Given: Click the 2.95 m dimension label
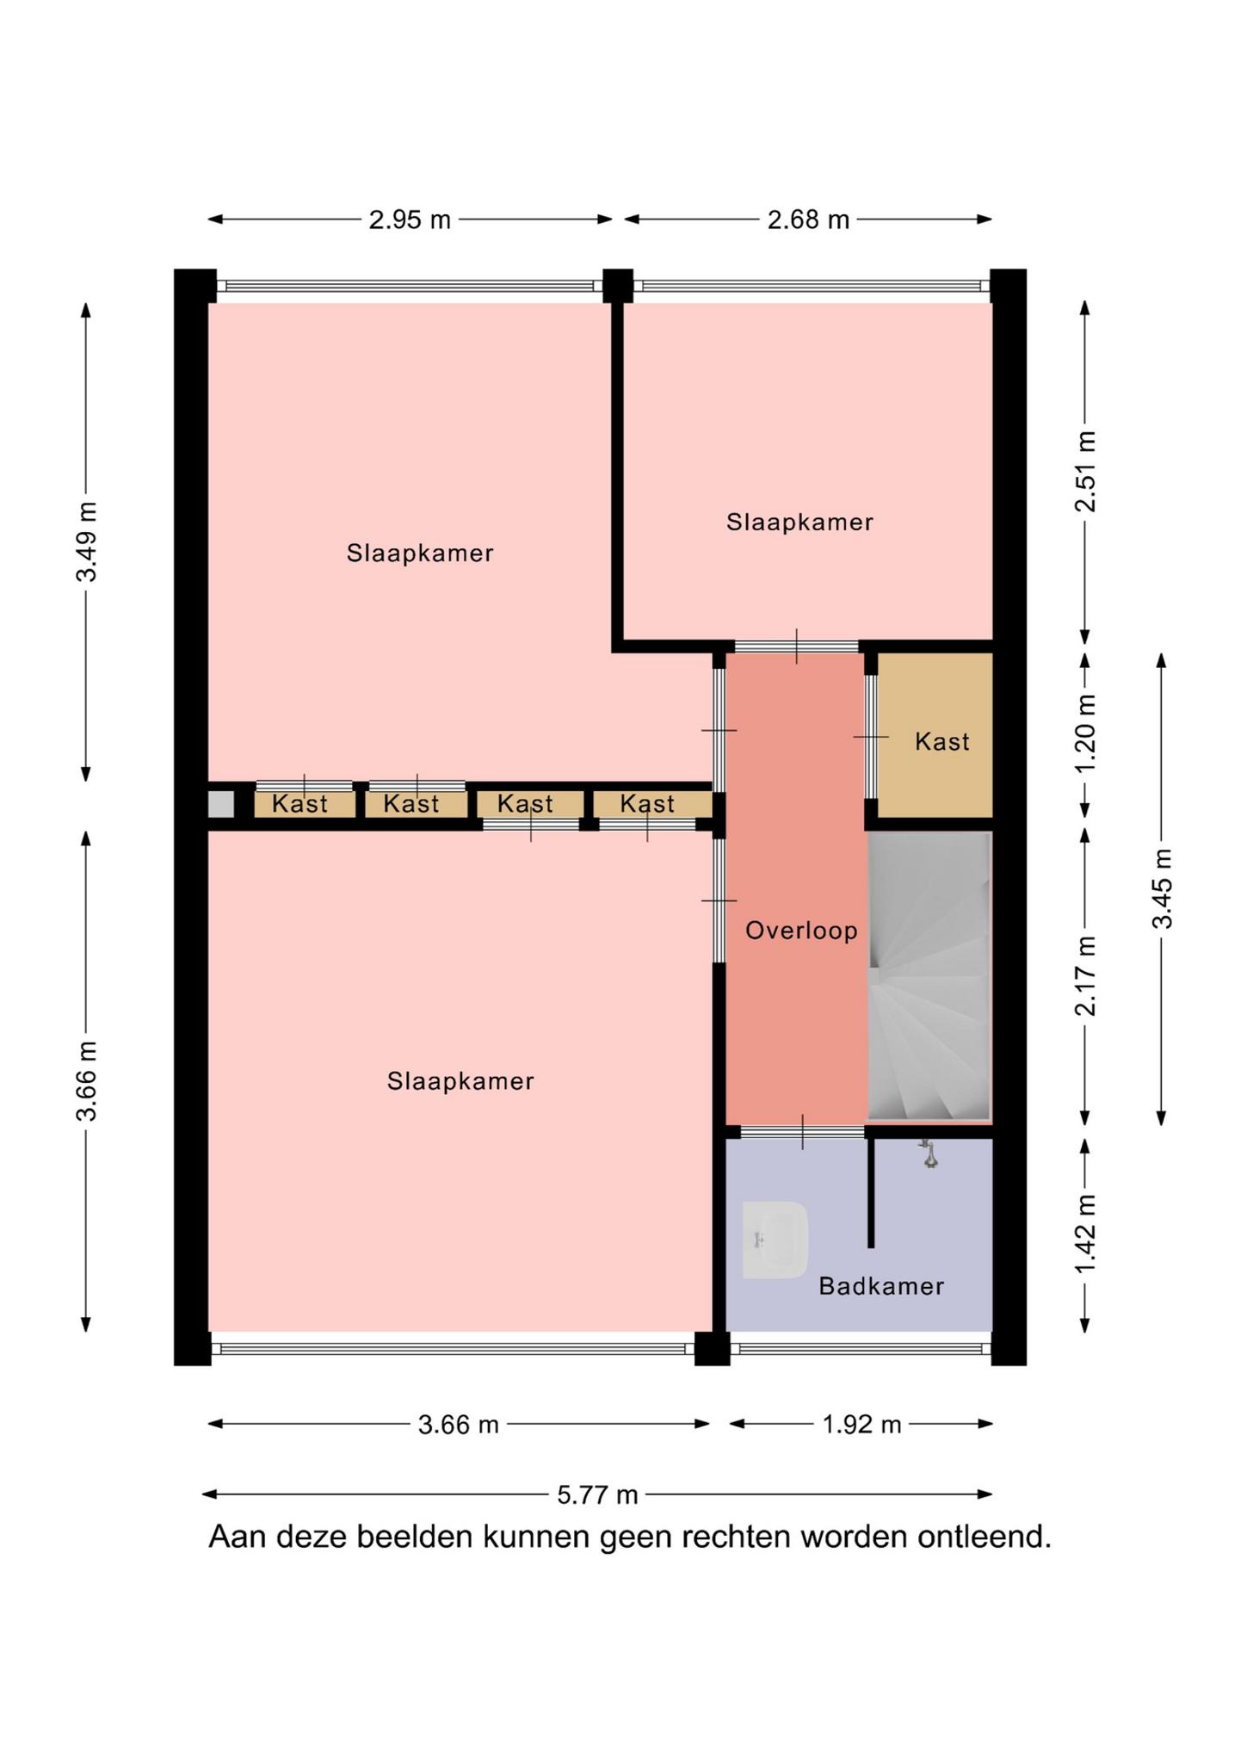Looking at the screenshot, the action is [x=410, y=220].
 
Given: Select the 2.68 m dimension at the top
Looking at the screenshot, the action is [x=808, y=220].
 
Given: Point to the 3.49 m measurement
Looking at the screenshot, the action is [x=86, y=541].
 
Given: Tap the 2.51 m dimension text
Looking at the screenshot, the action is [x=1086, y=472].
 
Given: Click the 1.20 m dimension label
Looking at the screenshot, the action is [x=1086, y=733].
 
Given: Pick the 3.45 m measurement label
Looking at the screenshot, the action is [x=1162, y=888].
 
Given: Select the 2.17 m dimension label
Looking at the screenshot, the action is [x=1086, y=976].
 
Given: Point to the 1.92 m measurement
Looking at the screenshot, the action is [x=861, y=1425].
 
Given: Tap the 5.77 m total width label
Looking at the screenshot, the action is [x=597, y=1495].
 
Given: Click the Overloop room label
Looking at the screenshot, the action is [x=801, y=931].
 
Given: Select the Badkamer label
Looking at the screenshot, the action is [x=881, y=1286].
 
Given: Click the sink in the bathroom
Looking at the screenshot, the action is [x=775, y=1240].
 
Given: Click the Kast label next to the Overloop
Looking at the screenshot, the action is [x=941, y=741].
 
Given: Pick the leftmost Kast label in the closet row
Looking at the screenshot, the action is [x=299, y=804].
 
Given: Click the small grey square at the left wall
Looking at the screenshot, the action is [x=221, y=804].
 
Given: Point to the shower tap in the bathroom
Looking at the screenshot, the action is [x=929, y=1154].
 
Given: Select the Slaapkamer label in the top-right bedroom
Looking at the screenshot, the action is [x=799, y=523].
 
